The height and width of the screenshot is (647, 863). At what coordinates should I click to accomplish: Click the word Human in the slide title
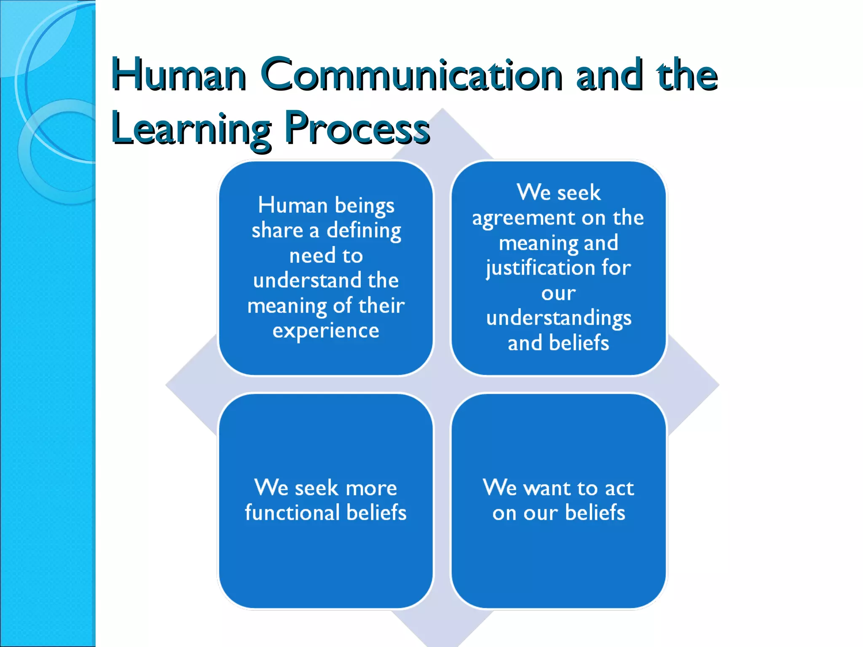[x=179, y=75]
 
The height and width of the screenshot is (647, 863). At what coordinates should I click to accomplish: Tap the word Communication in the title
[x=411, y=75]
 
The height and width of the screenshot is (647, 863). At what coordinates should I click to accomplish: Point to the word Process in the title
[x=357, y=128]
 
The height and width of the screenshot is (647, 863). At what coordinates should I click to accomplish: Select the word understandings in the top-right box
[x=559, y=318]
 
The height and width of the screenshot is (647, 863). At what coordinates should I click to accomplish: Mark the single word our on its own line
[x=558, y=294]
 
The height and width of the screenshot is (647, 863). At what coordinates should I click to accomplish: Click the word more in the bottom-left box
[x=371, y=488]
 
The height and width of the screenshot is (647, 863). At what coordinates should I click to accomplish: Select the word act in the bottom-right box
[x=619, y=488]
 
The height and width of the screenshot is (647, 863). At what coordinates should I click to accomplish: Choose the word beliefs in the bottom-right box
[x=595, y=513]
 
